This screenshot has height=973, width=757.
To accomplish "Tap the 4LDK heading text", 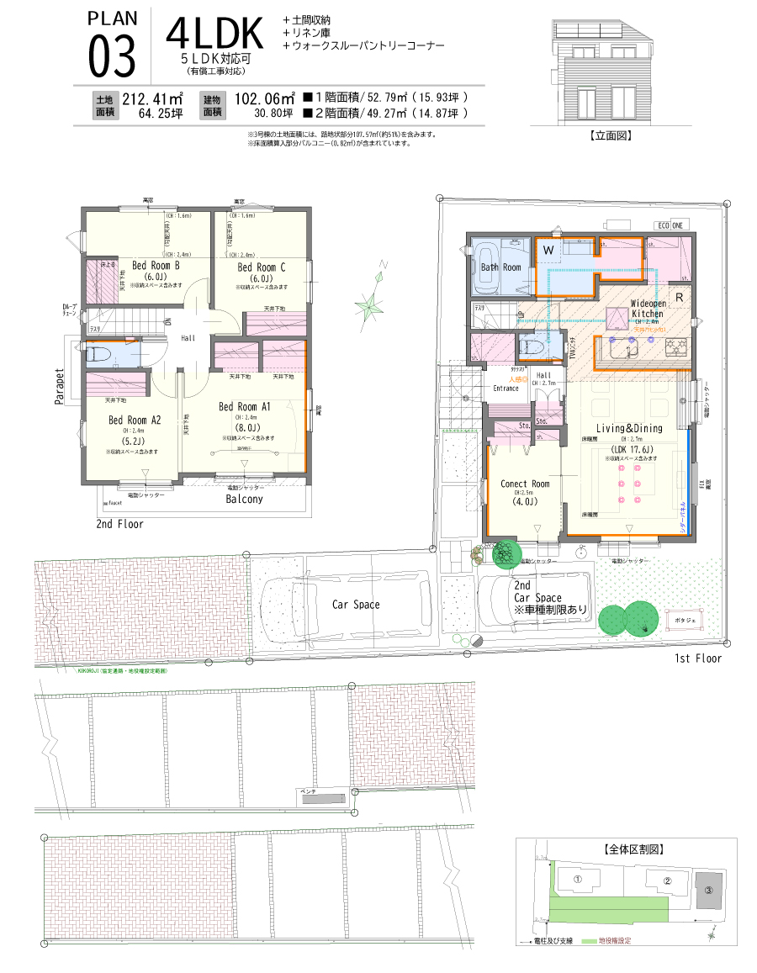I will [215, 33].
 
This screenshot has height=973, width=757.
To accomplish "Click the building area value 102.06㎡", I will [265, 98].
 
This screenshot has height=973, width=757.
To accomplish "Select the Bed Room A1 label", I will [244, 407].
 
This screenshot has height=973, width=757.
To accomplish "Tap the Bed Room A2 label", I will [134, 420].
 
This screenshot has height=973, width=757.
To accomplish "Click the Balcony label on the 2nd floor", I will [244, 499].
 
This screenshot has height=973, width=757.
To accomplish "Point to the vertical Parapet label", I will [60, 386].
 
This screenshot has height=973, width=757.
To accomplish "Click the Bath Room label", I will [500, 267].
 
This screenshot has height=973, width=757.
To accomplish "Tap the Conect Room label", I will [525, 484].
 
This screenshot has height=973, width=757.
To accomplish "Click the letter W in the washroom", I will [548, 250].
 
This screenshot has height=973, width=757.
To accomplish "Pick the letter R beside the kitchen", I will [679, 297].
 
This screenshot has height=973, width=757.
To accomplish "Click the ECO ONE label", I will [670, 225].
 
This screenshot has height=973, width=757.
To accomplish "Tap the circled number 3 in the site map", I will [708, 890].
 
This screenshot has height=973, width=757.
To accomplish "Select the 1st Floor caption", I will [697, 658].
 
